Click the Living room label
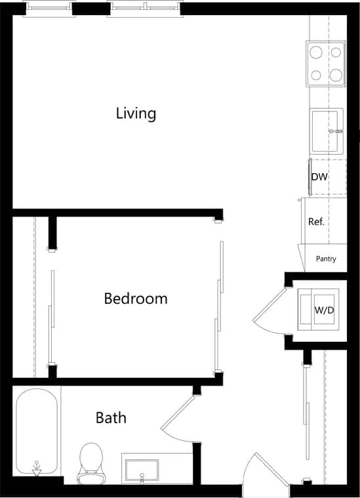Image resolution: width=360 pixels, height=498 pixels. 136,114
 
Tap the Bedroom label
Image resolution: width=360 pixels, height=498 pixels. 136,299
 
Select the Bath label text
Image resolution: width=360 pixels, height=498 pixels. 111,417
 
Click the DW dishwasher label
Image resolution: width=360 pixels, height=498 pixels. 319,177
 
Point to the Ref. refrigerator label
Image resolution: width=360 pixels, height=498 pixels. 317,222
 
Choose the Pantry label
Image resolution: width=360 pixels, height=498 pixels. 326,259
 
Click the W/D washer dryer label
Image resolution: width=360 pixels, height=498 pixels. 324,310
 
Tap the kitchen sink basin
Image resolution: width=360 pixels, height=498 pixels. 324,131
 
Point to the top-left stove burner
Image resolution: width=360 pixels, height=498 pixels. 316,52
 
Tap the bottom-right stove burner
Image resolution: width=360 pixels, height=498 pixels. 336,74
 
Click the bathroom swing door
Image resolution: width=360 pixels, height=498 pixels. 177,420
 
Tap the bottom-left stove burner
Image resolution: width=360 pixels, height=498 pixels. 316,75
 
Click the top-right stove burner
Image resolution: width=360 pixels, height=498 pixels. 336,52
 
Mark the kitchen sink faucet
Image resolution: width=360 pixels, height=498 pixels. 338,131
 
